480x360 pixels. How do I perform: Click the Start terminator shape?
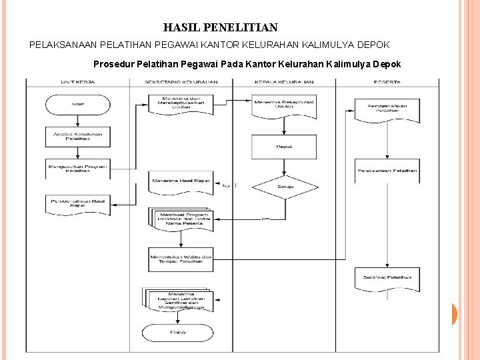click(77, 105)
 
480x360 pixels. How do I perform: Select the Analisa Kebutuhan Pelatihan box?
click(77, 137)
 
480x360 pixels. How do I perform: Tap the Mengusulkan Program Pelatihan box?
click(77, 168)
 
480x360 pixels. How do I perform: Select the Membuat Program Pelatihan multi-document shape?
click(181, 219)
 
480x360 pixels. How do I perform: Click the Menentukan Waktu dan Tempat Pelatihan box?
click(181, 259)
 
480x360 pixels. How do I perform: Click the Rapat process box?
click(284, 146)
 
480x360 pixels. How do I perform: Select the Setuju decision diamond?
click(285, 188)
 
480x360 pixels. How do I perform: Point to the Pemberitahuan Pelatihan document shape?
click(387, 109)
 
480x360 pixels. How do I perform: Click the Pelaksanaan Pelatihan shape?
click(387, 171)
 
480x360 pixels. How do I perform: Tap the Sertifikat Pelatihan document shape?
click(387, 278)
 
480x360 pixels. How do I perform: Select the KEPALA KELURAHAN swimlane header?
click(284, 83)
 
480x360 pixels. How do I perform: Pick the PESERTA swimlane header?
click(387, 83)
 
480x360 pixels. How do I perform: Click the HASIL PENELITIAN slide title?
click(221, 28)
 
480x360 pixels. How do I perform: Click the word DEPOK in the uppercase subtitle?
click(374, 45)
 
